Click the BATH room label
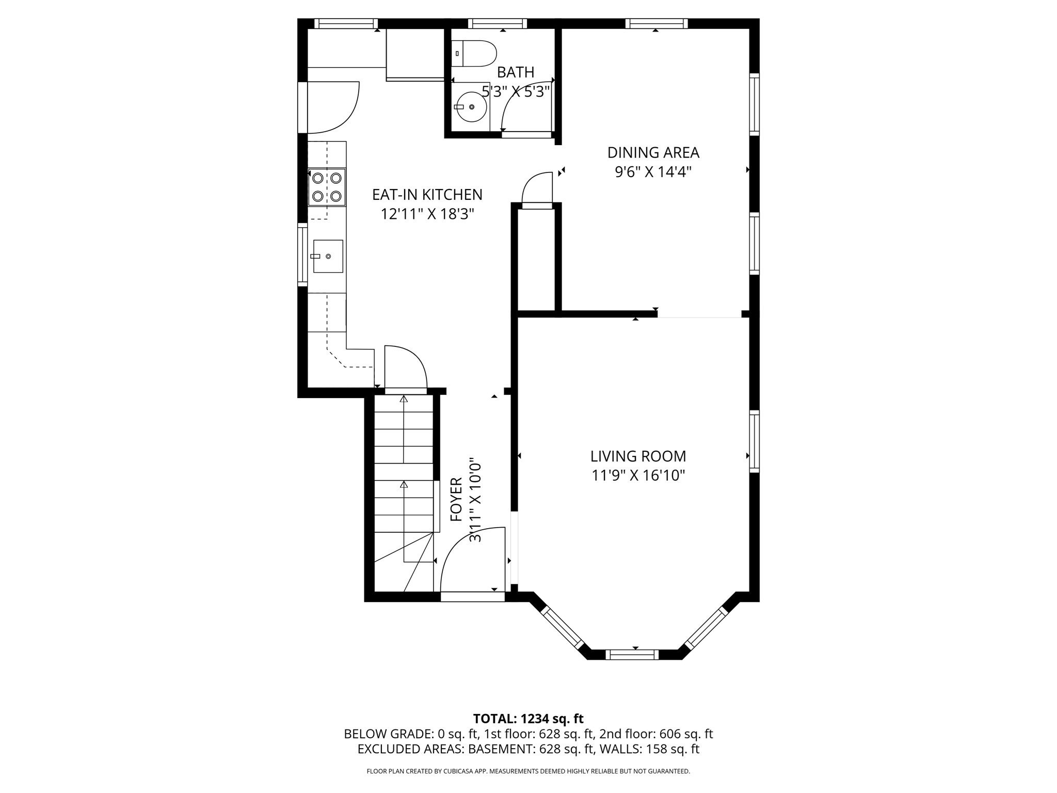pyautogui.click(x=515, y=72)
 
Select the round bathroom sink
pyautogui.click(x=472, y=106)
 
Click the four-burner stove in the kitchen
pyautogui.click(x=327, y=187)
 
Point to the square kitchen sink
pyautogui.click(x=328, y=256)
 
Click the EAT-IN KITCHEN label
pyautogui.click(x=427, y=195)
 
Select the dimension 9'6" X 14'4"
pyautogui.click(x=653, y=172)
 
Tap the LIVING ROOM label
pyautogui.click(x=638, y=456)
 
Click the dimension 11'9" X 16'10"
pyautogui.click(x=638, y=475)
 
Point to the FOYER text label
pyautogui.click(x=456, y=499)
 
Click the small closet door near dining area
pyautogui.click(x=537, y=190)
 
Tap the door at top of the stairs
pyautogui.click(x=406, y=368)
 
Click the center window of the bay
pyautogui.click(x=632, y=655)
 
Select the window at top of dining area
pyautogui.click(x=656, y=23)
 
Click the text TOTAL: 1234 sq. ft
pyautogui.click(x=528, y=719)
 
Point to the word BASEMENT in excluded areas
pyautogui.click(x=506, y=749)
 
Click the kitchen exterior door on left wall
pyautogui.click(x=330, y=107)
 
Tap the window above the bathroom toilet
pyautogui.click(x=497, y=23)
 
